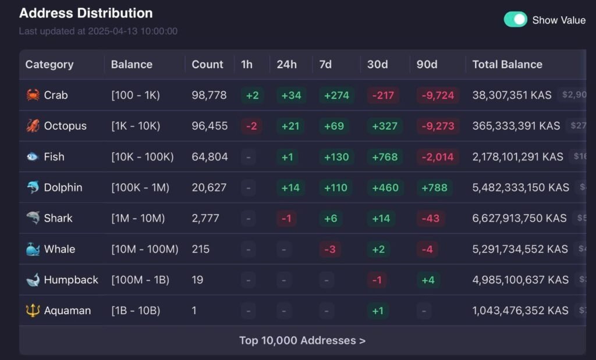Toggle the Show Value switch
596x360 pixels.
click(x=515, y=20)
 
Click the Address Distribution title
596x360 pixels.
click(x=86, y=13)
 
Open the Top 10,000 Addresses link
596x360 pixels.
click(x=302, y=340)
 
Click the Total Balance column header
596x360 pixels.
click(x=507, y=65)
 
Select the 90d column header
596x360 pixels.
click(x=427, y=65)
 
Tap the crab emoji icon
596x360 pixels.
click(x=33, y=95)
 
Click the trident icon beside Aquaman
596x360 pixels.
click(x=33, y=311)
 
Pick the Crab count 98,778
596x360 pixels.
click(x=209, y=95)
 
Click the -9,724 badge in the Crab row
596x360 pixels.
click(x=438, y=95)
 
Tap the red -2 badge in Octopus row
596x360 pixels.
click(x=252, y=126)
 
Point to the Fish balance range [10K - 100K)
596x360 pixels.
click(x=142, y=156)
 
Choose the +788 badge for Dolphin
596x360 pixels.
click(x=434, y=187)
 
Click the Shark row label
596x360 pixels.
click(x=58, y=218)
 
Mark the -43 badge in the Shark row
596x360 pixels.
click(x=431, y=218)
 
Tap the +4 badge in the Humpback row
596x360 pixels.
click(x=428, y=280)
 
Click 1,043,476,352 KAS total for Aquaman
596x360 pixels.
click(x=520, y=311)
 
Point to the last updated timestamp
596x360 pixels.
click(x=98, y=31)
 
